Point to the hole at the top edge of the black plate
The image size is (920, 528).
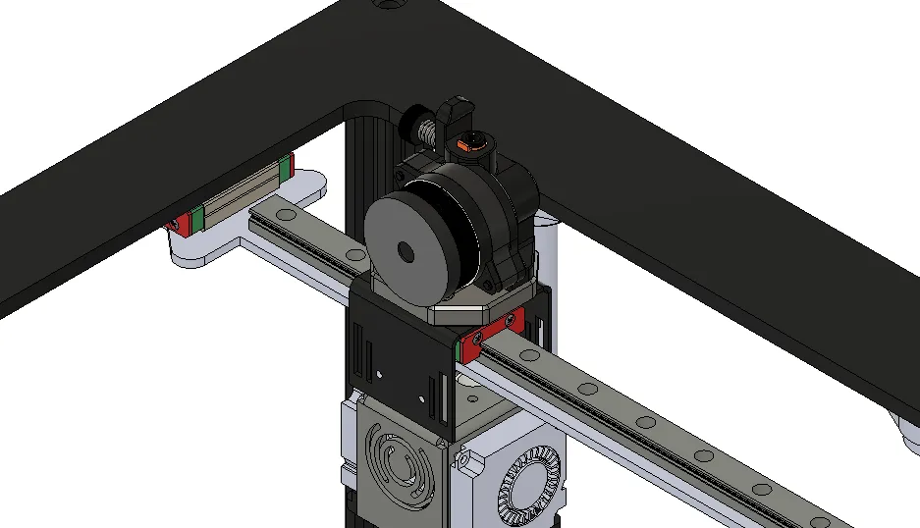(x=391, y=4)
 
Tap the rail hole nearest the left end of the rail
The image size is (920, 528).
(x=287, y=213)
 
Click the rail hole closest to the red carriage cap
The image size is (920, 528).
(x=531, y=355)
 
